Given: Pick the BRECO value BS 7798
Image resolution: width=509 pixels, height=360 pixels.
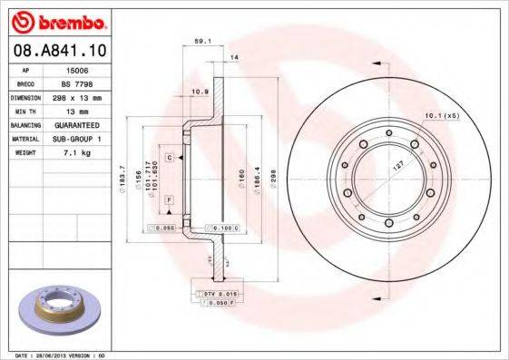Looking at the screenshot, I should coord(78,82).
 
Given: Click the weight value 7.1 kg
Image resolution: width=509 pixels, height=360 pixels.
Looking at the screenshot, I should coord(78,153).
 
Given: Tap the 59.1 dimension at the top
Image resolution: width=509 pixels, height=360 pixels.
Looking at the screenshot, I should coord(203,40).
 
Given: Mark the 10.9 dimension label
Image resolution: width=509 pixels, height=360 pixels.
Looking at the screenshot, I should coord(200,92).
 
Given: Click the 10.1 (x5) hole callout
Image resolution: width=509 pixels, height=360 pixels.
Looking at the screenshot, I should coord(441,116).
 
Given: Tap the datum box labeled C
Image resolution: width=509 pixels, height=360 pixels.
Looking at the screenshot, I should coord(169,157).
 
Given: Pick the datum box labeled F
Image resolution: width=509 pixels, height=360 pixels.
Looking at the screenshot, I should coord(169,199).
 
